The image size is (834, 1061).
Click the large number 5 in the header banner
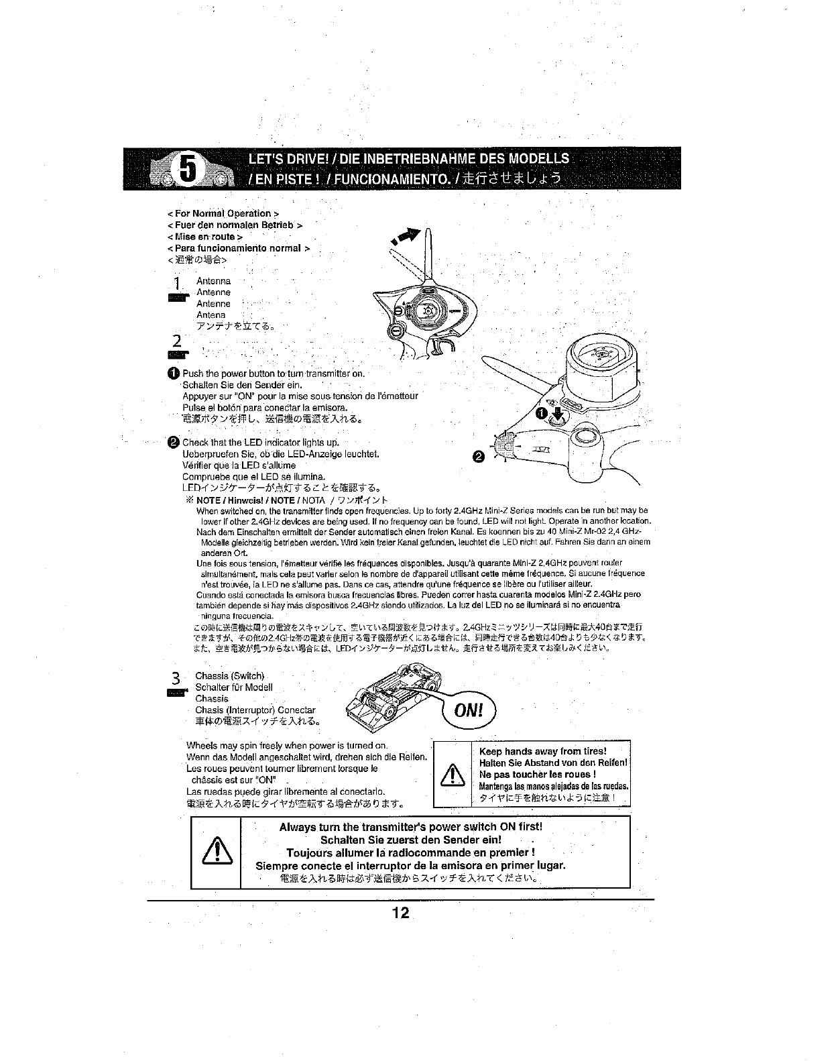[188, 169]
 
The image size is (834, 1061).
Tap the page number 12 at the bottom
[401, 913]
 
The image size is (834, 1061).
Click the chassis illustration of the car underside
[389, 699]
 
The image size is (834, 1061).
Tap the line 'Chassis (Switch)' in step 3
[230, 675]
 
